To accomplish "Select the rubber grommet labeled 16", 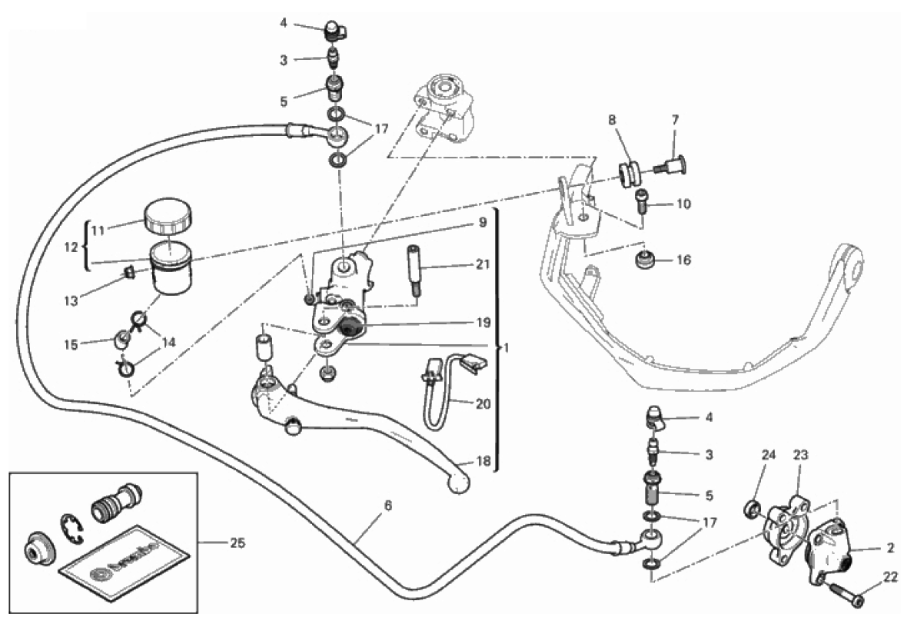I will [643, 261].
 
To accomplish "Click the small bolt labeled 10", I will [642, 201].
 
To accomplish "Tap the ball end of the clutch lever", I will [459, 483].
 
